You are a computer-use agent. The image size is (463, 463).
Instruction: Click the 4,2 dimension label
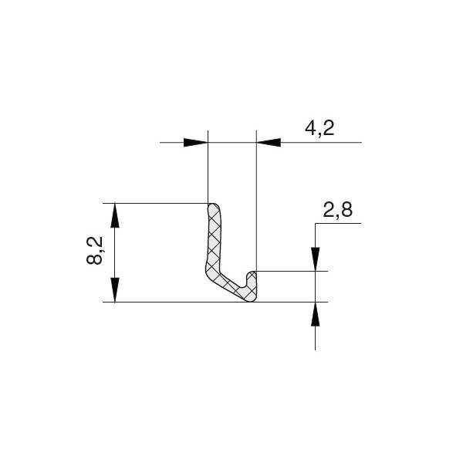(319, 129)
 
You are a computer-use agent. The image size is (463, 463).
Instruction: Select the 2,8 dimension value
(337, 210)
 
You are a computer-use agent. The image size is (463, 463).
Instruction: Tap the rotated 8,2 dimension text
(94, 250)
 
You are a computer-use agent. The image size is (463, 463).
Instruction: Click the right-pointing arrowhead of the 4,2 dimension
(196, 143)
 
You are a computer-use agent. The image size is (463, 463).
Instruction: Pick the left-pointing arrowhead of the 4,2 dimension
(269, 143)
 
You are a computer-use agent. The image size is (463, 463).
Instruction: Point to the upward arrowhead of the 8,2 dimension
(115, 215)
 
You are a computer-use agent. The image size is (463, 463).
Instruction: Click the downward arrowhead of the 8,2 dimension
(115, 289)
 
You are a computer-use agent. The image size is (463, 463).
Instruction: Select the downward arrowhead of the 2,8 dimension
(316, 259)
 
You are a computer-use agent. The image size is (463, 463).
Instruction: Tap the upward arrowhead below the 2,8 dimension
(316, 314)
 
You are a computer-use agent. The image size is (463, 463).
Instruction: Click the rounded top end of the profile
(213, 207)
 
